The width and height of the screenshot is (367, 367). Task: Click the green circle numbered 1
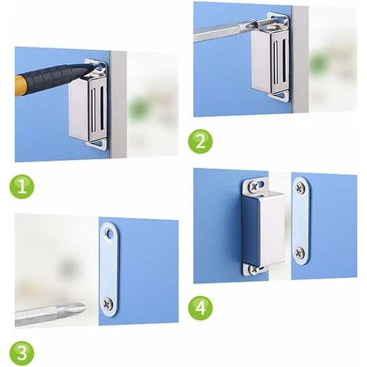(x=22, y=187)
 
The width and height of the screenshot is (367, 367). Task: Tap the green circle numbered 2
(x=201, y=141)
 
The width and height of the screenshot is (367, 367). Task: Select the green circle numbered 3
(x=22, y=353)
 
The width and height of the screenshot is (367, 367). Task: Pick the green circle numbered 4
(x=201, y=308)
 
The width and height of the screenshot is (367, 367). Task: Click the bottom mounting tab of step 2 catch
(x=280, y=96)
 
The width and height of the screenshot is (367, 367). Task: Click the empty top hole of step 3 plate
(x=109, y=233)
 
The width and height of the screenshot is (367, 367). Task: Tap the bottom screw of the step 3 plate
(x=108, y=303)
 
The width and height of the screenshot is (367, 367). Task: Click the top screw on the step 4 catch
(x=254, y=186)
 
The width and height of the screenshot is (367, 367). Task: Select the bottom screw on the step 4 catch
(x=252, y=269)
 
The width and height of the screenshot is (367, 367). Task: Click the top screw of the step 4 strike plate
(x=301, y=187)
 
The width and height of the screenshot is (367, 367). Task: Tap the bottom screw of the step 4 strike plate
(x=301, y=252)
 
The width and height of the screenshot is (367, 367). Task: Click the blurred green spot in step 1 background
(x=137, y=108)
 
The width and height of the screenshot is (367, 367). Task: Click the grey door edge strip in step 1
(x=119, y=104)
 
